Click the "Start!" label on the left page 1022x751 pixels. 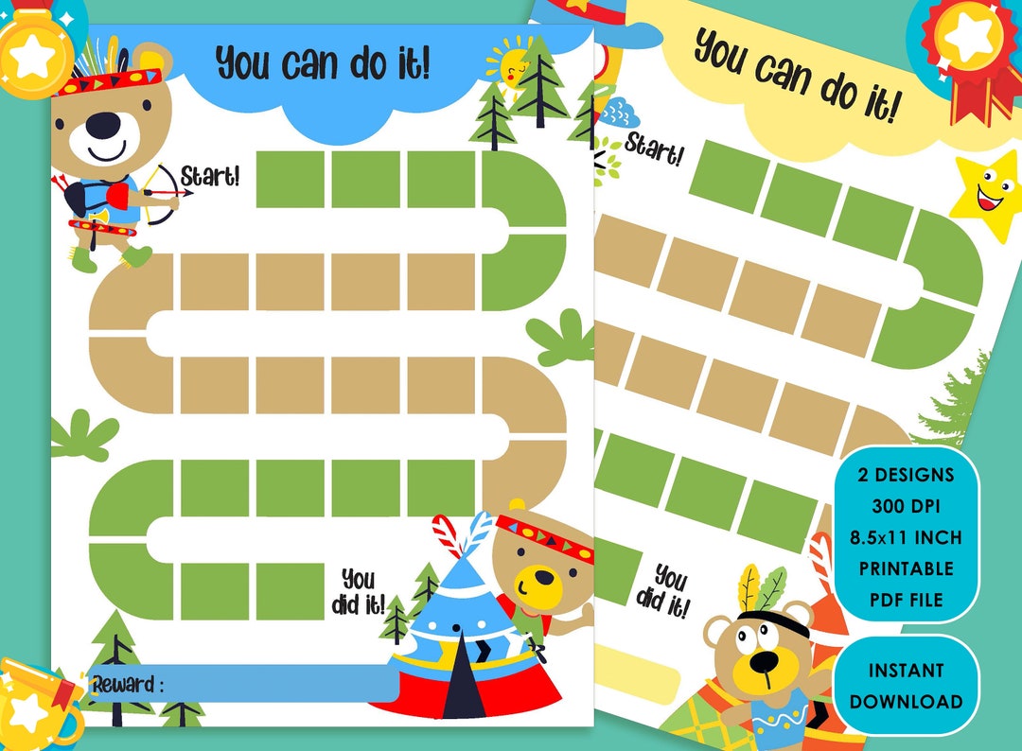[x=211, y=176]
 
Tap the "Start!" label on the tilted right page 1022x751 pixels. [x=654, y=149]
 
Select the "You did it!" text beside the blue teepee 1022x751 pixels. [x=358, y=591]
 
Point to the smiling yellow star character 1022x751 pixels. [x=986, y=195]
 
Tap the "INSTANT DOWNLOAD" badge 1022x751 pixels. [x=906, y=686]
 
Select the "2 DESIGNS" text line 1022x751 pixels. [x=907, y=475]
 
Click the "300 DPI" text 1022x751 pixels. [x=907, y=506]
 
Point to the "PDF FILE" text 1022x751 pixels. [x=907, y=600]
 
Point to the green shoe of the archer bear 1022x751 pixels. [x=137, y=255]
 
